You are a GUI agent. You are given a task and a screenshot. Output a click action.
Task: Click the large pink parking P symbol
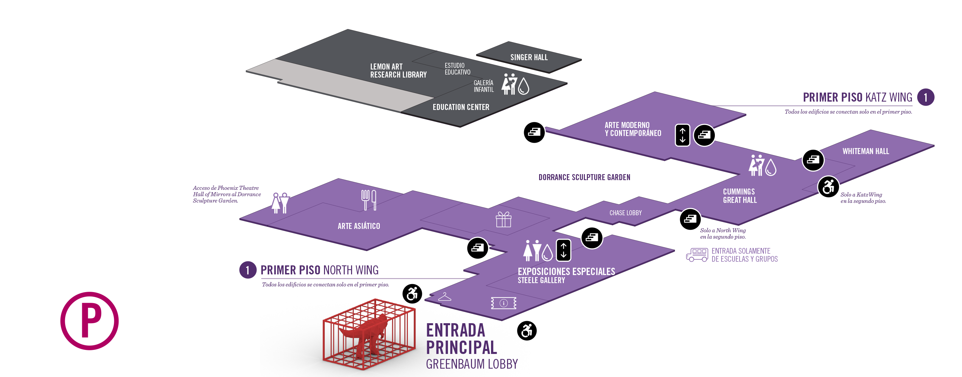click(x=90, y=321)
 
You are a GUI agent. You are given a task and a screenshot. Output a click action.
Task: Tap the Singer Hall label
click(x=529, y=57)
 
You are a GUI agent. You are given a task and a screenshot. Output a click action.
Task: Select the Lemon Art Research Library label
click(x=398, y=71)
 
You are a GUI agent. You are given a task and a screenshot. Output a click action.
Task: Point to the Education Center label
click(x=461, y=107)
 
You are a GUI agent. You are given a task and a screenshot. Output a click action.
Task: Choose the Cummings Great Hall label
click(x=740, y=196)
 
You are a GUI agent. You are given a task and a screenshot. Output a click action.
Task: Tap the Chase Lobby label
click(x=625, y=213)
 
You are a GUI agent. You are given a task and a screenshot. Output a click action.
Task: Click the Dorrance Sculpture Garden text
click(x=584, y=177)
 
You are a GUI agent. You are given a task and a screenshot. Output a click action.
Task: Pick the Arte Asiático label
click(x=358, y=226)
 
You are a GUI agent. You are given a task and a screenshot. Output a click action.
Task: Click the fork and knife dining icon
click(x=368, y=200)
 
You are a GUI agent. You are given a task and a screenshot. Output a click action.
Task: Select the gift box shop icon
click(x=503, y=220)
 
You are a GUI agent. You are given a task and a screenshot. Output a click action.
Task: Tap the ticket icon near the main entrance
click(x=503, y=303)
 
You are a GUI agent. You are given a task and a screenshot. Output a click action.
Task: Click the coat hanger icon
click(x=444, y=297)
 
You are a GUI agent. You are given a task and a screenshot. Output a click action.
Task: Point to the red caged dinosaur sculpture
click(x=368, y=335)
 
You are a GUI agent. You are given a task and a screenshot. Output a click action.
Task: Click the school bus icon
click(x=697, y=255)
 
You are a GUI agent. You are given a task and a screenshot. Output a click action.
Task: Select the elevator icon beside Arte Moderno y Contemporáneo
click(x=682, y=135)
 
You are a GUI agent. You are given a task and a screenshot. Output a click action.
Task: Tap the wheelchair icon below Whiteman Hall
click(x=828, y=187)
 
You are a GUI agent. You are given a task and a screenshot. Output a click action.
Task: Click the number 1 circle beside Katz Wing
click(x=925, y=98)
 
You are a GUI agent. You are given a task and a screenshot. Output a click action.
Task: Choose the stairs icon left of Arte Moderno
click(x=534, y=132)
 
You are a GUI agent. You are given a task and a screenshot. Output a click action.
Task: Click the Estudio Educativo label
click(x=457, y=69)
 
